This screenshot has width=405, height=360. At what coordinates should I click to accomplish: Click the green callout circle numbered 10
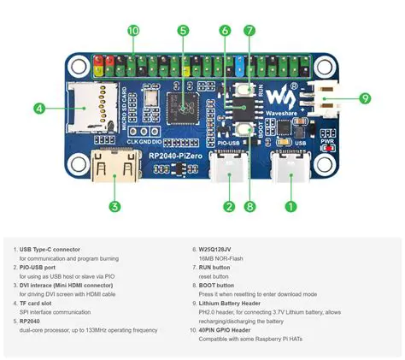[133, 31]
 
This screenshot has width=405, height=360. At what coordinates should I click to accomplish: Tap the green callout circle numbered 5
[184, 31]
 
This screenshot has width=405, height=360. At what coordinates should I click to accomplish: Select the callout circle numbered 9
[365, 98]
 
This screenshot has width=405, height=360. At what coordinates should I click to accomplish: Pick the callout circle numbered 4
[39, 109]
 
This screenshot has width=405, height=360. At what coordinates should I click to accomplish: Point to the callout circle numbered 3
[114, 205]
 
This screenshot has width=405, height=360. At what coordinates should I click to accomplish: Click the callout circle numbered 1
[291, 205]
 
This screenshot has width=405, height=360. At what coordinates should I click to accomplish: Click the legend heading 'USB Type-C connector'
[61, 250]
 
